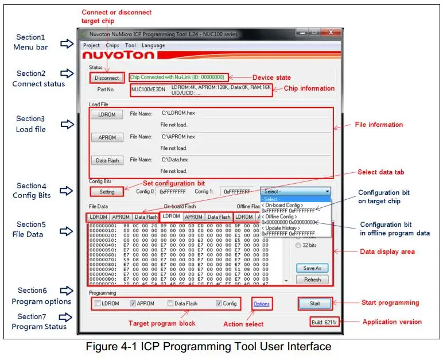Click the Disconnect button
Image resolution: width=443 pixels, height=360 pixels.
click(x=107, y=78)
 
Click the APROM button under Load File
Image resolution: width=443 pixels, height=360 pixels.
click(x=107, y=137)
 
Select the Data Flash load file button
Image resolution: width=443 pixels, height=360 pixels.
click(x=107, y=160)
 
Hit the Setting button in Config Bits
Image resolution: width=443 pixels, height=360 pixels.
click(x=107, y=192)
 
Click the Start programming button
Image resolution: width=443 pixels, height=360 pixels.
click(x=315, y=303)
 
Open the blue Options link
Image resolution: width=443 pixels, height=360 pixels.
click(x=261, y=304)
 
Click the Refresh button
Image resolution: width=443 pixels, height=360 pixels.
click(x=313, y=280)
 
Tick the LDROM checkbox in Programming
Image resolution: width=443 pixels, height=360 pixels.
click(x=98, y=303)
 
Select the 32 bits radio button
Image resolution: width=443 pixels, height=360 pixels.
click(x=298, y=245)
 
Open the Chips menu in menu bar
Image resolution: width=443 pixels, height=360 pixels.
click(x=112, y=45)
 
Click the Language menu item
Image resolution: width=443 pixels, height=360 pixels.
click(x=153, y=45)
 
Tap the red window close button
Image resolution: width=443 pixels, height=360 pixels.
click(x=332, y=34)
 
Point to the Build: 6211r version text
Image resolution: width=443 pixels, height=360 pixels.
click(x=324, y=322)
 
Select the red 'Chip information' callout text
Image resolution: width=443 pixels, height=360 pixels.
click(x=309, y=88)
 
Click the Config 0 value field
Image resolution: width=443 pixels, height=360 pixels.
click(x=173, y=192)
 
